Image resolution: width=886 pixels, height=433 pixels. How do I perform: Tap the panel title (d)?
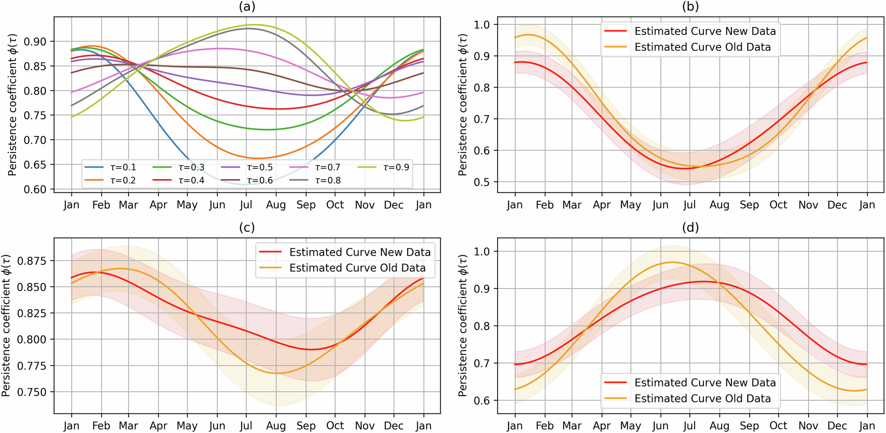[690, 227]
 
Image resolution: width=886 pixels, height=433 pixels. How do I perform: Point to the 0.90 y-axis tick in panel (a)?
[35, 42]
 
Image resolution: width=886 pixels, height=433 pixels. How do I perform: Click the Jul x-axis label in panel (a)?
[246, 205]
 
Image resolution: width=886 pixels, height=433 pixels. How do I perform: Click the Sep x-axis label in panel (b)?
[749, 205]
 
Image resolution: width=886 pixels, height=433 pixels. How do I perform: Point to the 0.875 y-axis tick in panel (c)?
[31, 261]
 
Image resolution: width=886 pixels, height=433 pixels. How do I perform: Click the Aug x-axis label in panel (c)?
[276, 425]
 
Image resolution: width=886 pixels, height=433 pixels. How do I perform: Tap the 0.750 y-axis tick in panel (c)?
[31, 392]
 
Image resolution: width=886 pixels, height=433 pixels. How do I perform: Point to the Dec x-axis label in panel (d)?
[837, 425]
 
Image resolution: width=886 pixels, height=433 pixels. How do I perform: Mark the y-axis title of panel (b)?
[463, 105]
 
